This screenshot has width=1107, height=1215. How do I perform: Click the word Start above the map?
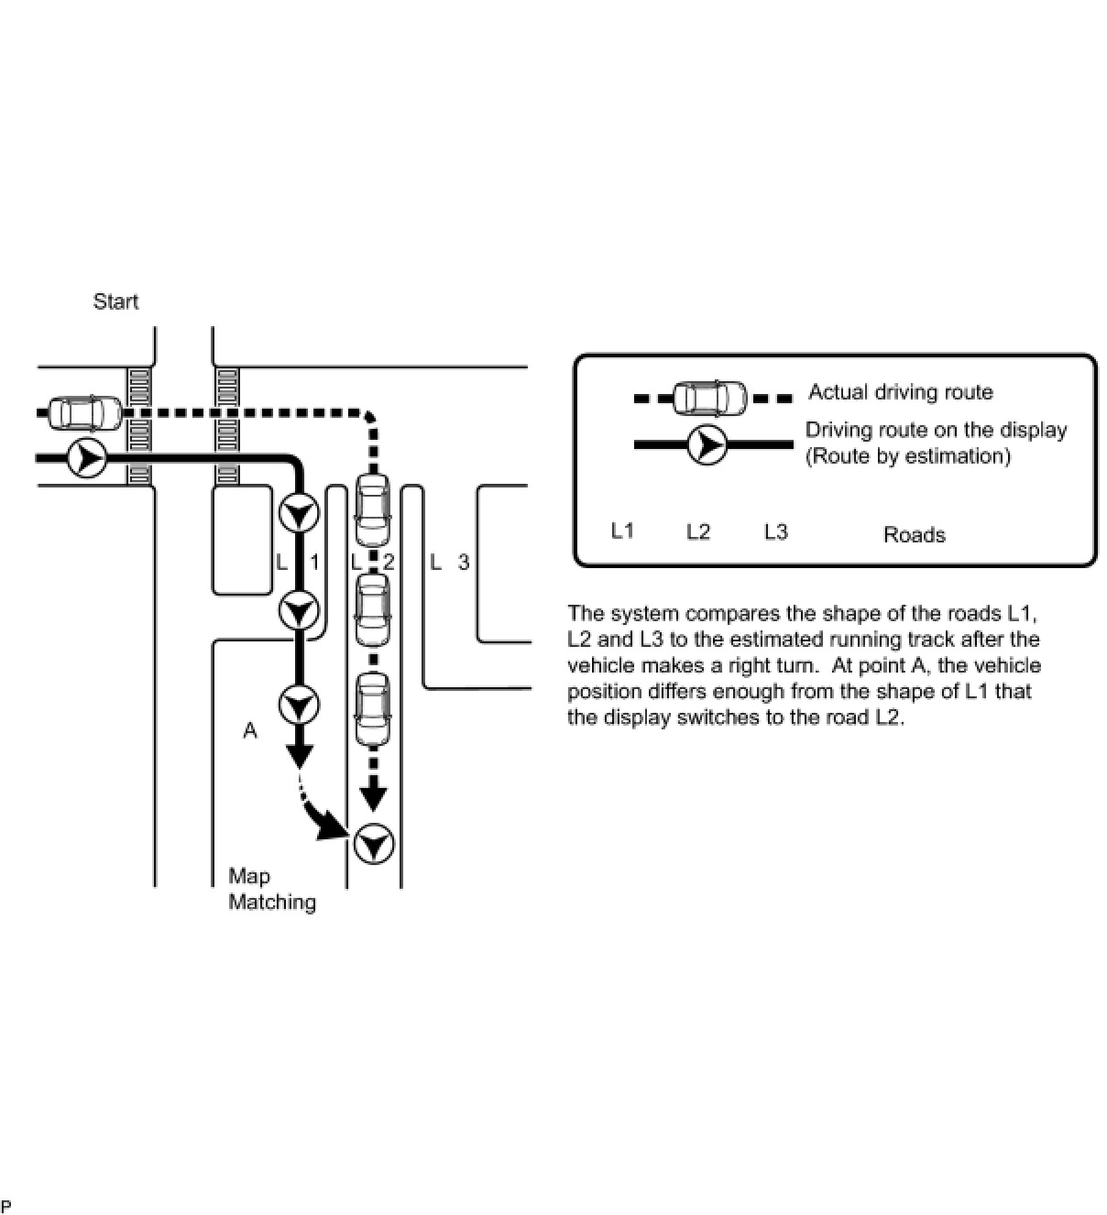pos(115,301)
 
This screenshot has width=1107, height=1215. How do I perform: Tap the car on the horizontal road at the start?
pos(84,413)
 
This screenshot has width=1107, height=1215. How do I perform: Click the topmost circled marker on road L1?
pos(299,513)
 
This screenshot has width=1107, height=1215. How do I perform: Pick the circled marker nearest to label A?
pos(299,706)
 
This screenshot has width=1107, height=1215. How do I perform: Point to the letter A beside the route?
pos(249,730)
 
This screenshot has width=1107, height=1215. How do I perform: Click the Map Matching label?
pos(271,889)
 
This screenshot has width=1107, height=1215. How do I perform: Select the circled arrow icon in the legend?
pos(707,444)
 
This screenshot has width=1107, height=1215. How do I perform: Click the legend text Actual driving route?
pos(900,392)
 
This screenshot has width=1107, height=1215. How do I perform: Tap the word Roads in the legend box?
pos(914,534)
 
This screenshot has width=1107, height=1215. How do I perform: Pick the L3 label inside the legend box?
pos(775,531)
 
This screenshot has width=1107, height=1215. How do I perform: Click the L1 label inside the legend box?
pos(622,531)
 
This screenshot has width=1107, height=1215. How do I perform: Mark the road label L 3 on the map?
pos(450,562)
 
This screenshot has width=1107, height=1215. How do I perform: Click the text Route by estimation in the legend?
pos(907,455)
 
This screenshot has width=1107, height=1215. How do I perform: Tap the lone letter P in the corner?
pos(6,1205)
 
